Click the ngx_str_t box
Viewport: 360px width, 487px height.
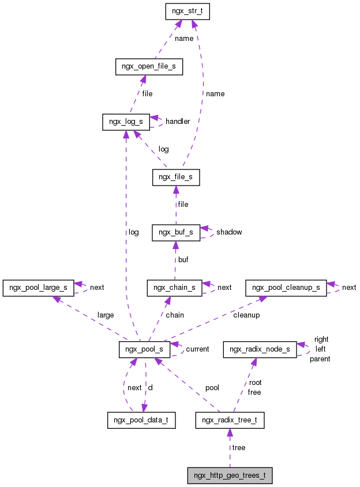[x=187, y=11]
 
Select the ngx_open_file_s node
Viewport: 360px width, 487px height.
[x=149, y=67]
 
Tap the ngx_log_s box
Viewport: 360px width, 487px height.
[x=126, y=122]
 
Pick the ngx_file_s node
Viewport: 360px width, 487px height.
[x=176, y=178]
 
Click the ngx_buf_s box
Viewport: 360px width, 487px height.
[x=176, y=232]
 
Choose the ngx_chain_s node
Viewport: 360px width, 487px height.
[x=175, y=288]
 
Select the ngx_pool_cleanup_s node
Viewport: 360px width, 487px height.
[x=286, y=287]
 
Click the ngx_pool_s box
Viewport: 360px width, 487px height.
[x=144, y=350]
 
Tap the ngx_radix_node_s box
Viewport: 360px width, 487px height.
[x=260, y=349]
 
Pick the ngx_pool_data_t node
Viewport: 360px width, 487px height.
[x=141, y=420]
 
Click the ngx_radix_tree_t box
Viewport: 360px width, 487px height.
[x=230, y=420]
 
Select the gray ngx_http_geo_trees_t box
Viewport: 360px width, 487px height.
[x=230, y=475]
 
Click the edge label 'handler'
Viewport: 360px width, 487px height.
[x=178, y=122]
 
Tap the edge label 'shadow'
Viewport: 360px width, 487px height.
[x=229, y=232]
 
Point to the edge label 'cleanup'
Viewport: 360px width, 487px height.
[x=246, y=315]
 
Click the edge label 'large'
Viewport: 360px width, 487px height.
[x=106, y=315]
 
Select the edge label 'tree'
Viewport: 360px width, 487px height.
[x=238, y=448]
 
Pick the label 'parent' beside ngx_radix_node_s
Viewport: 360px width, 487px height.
[x=320, y=359]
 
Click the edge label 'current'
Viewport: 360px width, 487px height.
[x=197, y=350]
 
